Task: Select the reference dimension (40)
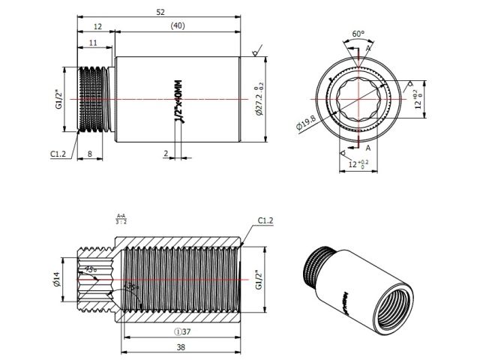coord(177,25)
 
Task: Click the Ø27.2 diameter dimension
coord(259,99)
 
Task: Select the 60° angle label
coord(358,34)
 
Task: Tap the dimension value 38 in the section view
coord(182,348)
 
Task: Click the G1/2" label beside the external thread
coord(58,99)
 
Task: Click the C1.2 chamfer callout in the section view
coord(266,220)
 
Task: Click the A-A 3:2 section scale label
coord(121,218)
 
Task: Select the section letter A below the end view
coord(368,148)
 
